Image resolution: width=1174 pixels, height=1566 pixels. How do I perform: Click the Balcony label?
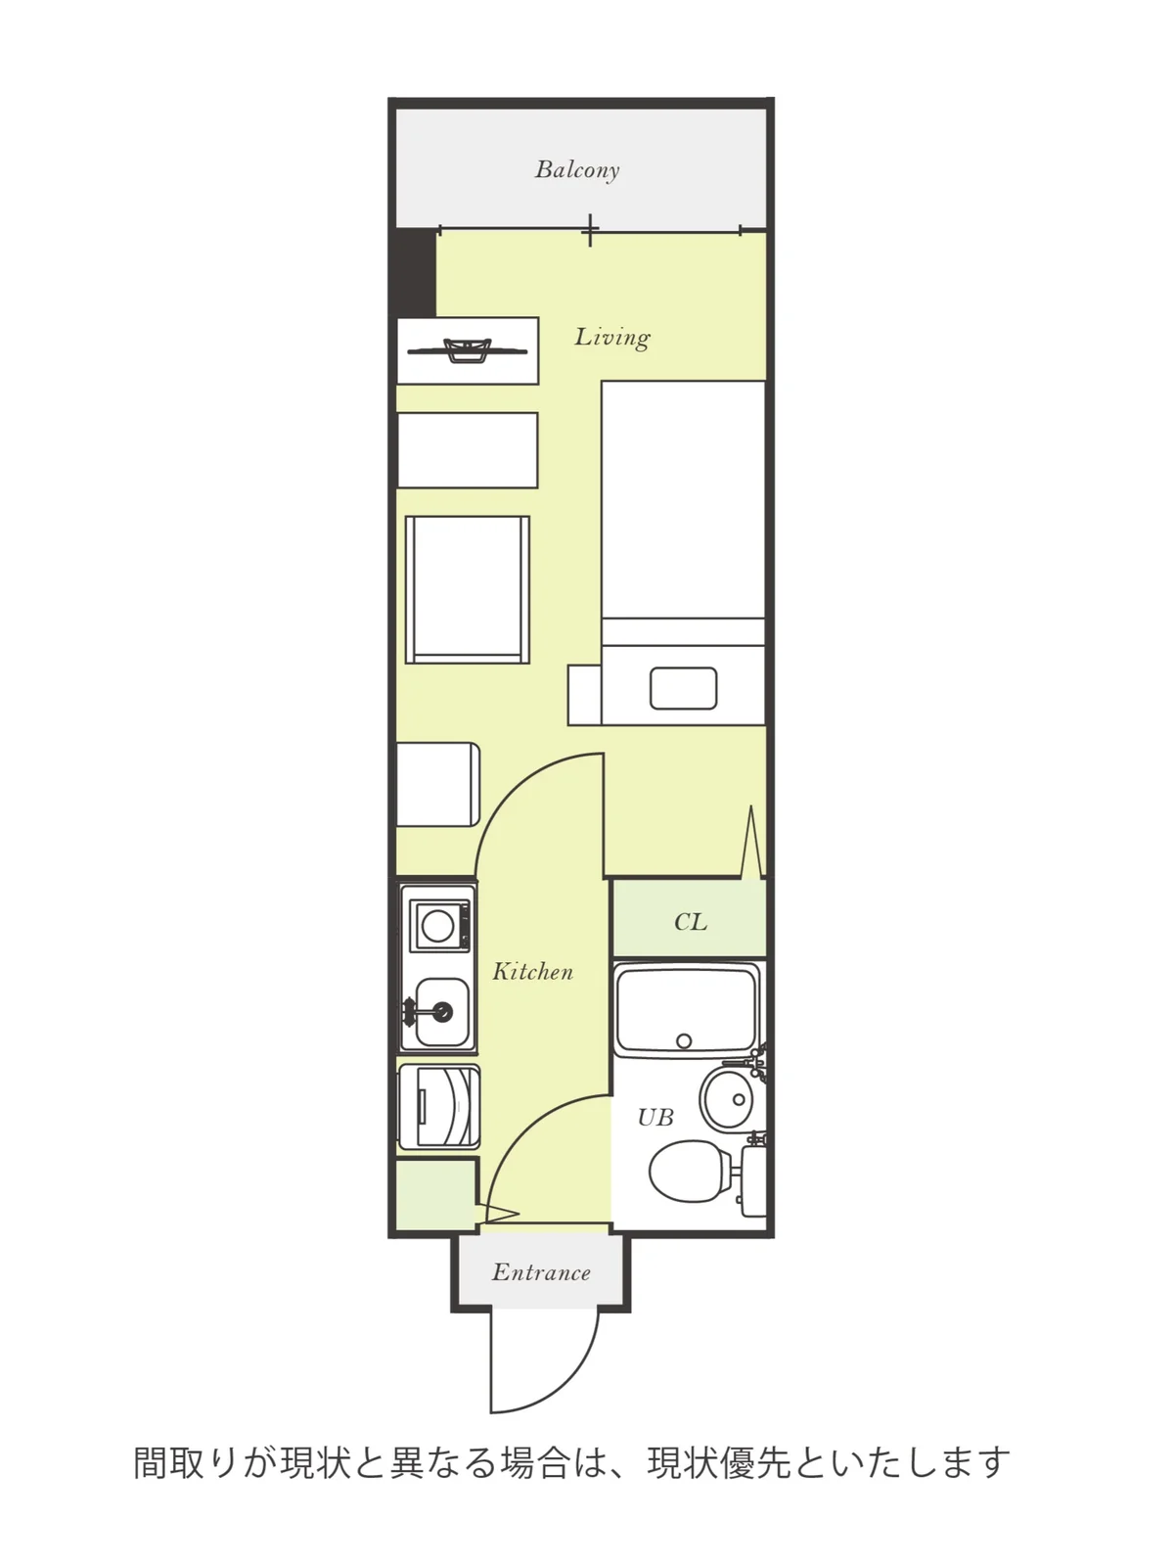pos(576,169)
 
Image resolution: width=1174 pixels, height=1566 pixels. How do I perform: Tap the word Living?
pos(612,337)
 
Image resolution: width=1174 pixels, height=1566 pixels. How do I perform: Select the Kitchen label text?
pos(532,971)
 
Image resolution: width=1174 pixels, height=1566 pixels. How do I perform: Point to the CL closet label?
pos(690,922)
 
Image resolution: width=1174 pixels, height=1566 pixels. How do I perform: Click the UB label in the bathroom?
pos(655,1117)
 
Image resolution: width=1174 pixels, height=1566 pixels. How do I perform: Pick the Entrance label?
pos(541,1272)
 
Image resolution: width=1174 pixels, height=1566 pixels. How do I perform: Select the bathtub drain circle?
pos(684,1041)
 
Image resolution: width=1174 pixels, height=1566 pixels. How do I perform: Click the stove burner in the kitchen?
pos(437,926)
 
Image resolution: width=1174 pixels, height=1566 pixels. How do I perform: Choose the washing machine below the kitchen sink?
pos(438,1107)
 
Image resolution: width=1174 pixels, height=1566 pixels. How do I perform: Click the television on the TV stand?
pos(467,350)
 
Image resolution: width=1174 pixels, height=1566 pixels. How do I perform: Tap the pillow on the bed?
pos(683,688)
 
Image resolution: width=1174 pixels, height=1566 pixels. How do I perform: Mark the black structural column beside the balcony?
pos(414,272)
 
